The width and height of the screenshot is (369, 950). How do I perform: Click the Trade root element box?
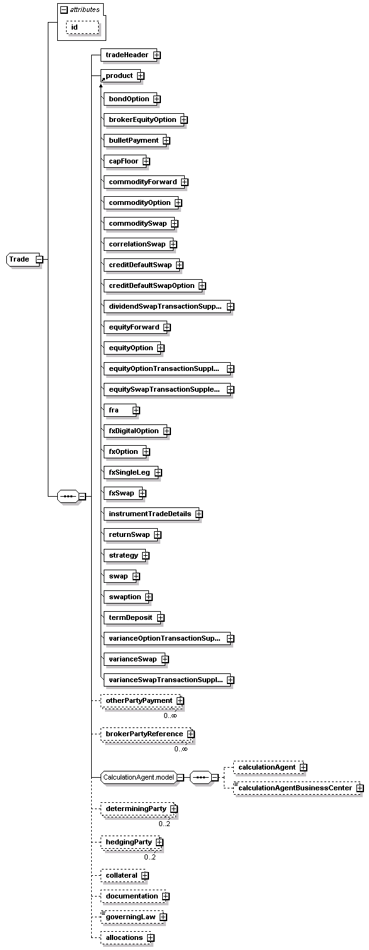[19, 259]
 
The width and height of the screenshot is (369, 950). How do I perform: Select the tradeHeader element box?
[126, 55]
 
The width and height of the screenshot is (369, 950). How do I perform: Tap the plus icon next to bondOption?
[157, 99]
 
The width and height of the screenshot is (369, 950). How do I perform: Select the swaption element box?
[124, 597]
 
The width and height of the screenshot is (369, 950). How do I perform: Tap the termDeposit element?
[129, 618]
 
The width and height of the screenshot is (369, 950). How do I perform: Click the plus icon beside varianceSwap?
[165, 660]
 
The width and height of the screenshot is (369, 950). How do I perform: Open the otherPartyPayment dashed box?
[138, 700]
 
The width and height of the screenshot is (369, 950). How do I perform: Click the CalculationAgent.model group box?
[137, 777]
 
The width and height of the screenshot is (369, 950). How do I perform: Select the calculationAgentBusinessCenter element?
[294, 788]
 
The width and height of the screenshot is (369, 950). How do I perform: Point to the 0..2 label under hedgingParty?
[150, 857]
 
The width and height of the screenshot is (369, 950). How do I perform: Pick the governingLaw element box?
[128, 917]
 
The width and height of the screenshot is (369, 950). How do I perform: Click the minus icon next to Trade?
[39, 259]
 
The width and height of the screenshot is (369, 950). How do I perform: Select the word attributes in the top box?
[85, 9]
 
